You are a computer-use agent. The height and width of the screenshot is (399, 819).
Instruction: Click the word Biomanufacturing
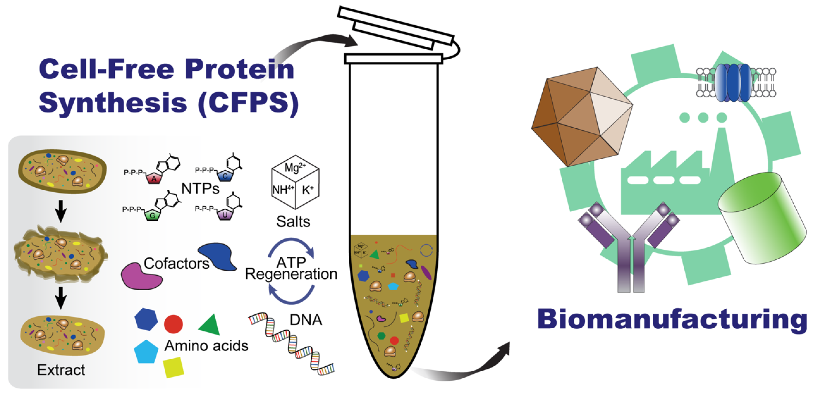coord(672,319)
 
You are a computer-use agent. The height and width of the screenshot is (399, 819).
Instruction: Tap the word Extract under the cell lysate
coord(61,370)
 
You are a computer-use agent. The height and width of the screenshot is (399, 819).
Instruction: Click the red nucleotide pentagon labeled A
coord(154,179)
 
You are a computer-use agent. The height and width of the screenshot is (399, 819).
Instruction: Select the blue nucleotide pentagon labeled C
coord(225,176)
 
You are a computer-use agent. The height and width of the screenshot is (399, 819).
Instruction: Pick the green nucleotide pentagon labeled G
coord(152,215)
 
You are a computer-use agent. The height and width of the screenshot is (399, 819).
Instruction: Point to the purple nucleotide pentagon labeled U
coord(225,215)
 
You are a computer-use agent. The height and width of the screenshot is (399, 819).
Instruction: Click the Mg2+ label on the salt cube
coord(295,167)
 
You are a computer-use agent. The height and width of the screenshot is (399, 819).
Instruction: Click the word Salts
coord(293,222)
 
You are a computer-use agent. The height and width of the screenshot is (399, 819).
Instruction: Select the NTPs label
coord(200,189)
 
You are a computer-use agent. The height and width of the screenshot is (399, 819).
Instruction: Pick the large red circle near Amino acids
coord(173,324)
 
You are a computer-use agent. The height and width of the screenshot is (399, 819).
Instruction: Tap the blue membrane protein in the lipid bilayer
coord(733,83)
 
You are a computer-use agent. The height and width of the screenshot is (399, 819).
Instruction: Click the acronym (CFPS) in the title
coord(248,103)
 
